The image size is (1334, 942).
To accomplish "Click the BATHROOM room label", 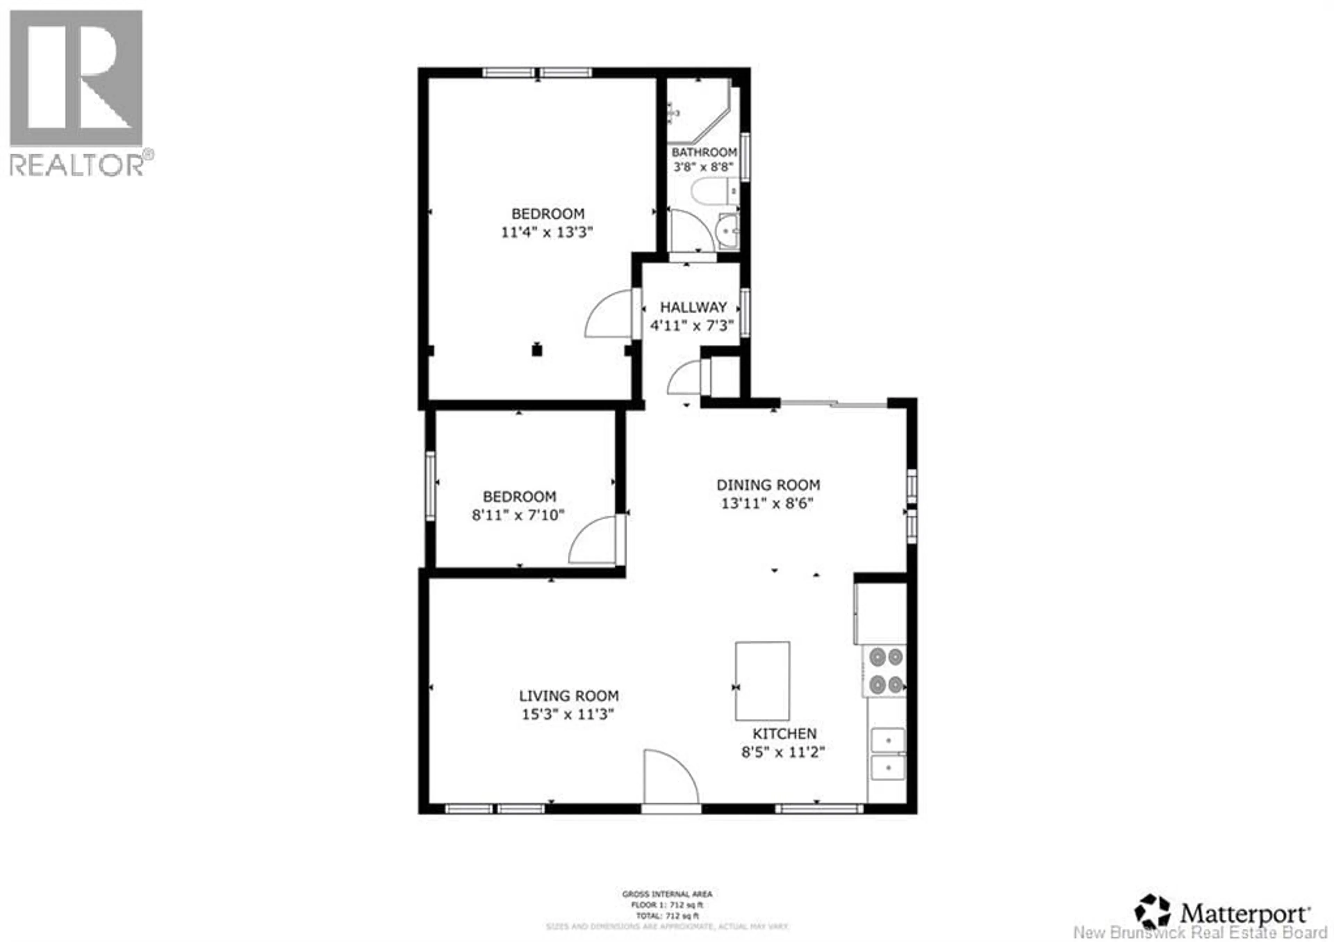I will [x=704, y=152].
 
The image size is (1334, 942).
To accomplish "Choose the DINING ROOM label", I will [x=768, y=485].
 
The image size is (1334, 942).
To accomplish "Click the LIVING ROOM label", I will [x=568, y=696].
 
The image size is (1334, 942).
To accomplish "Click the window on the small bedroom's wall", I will [x=430, y=486].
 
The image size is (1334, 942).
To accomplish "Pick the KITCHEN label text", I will [x=784, y=734].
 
